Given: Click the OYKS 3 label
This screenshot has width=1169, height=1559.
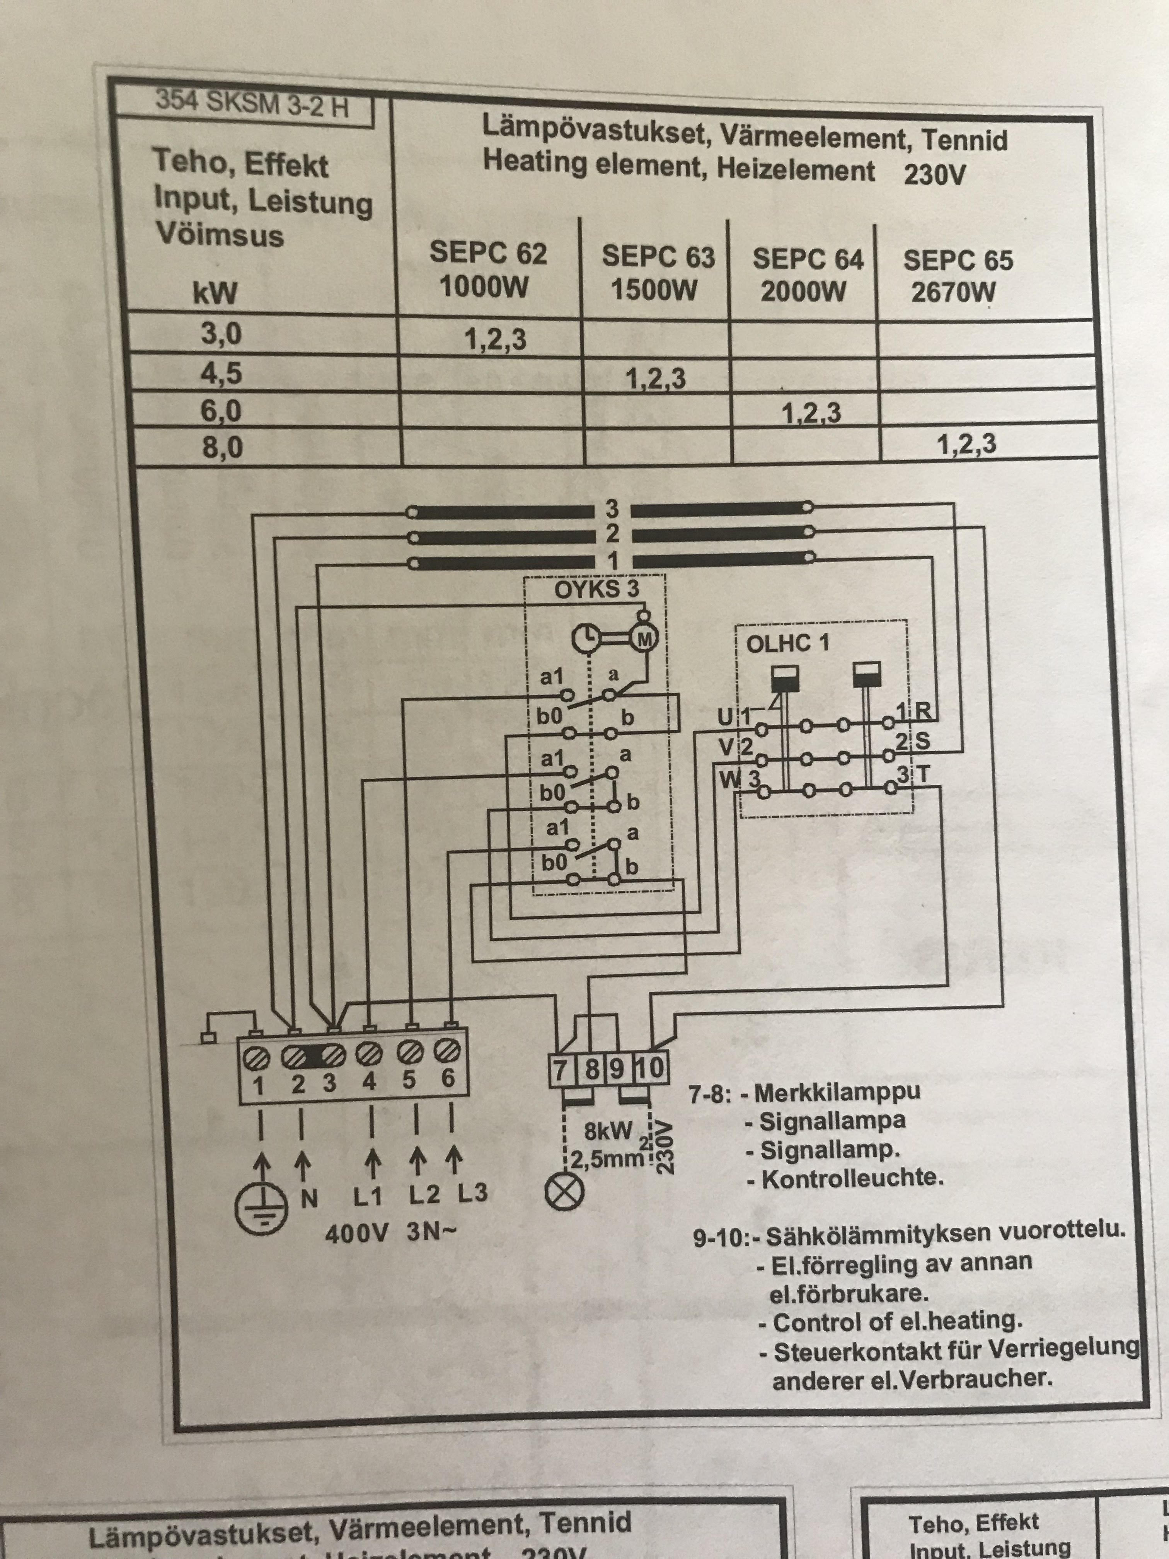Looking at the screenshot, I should [x=596, y=589].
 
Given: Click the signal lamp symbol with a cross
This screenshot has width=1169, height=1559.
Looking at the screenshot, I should [x=565, y=1191].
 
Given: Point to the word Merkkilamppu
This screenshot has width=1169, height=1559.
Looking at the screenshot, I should [x=837, y=1093].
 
